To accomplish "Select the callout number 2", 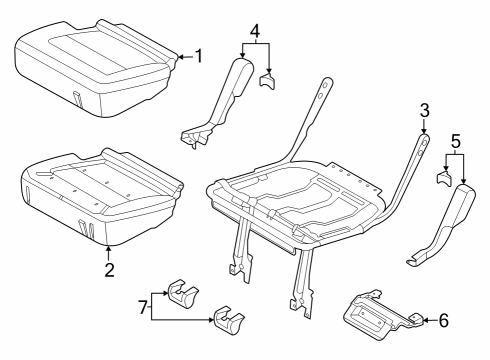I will coord(109,268).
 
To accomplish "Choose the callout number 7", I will coord(143,303).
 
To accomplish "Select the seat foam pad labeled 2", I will coord(100,195).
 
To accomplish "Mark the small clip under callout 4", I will coord(268,80).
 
